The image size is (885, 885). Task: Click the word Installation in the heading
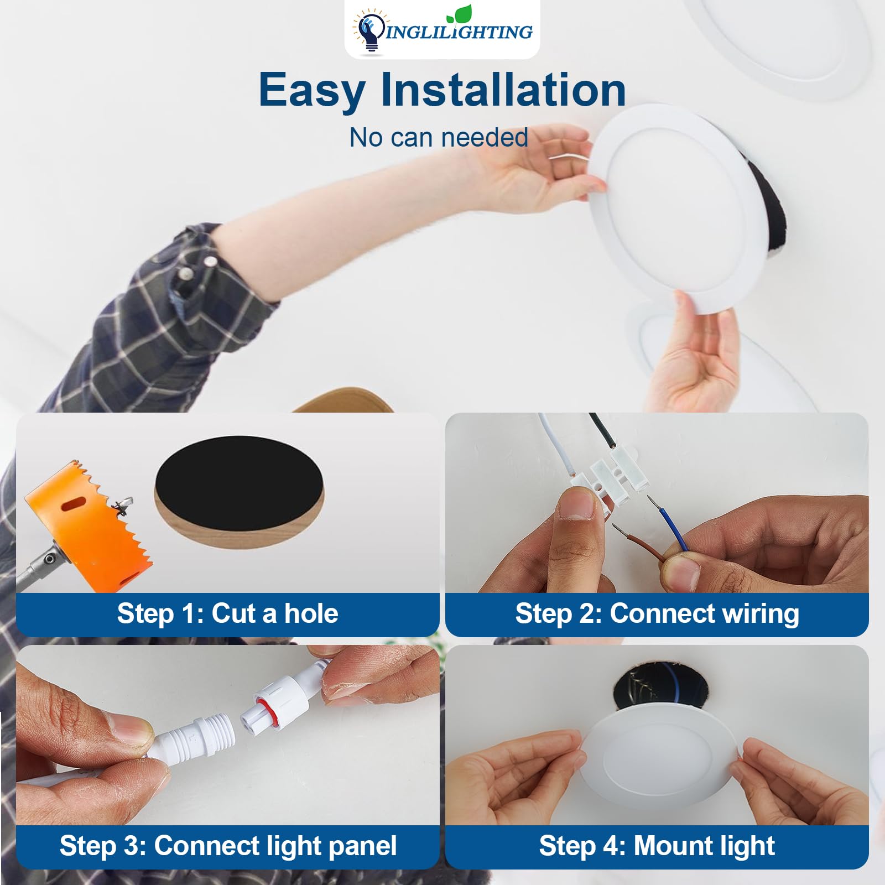[x=503, y=90]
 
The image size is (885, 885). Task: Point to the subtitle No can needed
[x=439, y=137]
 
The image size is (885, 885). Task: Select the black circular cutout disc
[x=239, y=487]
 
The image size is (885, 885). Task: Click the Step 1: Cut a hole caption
[x=227, y=613]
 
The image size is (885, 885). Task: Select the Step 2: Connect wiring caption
[x=657, y=613]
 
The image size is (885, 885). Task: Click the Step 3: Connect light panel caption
[x=227, y=846]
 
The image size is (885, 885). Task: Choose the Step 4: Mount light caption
[x=657, y=846]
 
